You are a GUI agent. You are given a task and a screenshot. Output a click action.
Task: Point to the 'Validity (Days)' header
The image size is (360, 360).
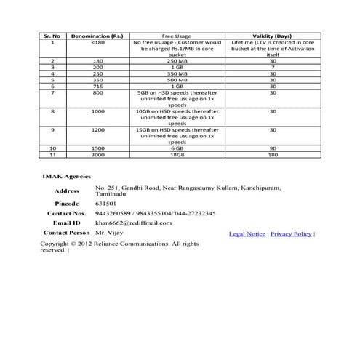point(273,36)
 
